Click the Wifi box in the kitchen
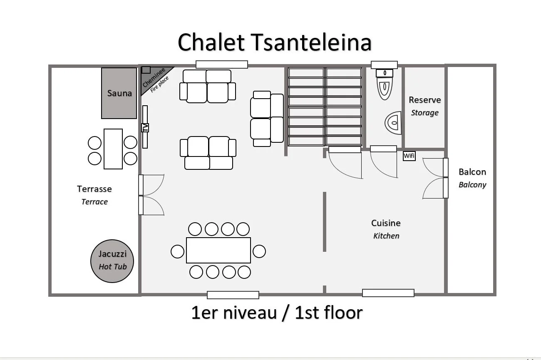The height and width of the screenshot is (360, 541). pos(409,156)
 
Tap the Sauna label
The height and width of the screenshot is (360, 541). pos(119,93)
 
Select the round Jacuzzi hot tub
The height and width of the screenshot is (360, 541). pos(112,261)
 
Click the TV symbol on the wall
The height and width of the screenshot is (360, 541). pos(145,127)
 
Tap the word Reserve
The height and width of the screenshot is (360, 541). pos(424,100)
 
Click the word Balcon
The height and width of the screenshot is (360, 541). pos(472,172)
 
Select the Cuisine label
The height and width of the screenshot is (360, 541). pos(386,223)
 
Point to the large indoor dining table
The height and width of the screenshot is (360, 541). pos(218,250)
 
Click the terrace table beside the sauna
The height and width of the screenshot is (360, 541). pos(113,149)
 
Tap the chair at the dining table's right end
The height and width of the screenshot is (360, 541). pos(259,251)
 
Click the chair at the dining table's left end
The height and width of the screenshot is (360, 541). pos(178,251)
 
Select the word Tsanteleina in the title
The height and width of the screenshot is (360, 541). pos(311,42)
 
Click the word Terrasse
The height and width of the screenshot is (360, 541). pos(94,189)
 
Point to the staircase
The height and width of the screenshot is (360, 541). pos(325,107)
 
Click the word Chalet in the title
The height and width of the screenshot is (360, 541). pos(211,42)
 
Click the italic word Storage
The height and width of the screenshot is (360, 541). pos(424,113)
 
